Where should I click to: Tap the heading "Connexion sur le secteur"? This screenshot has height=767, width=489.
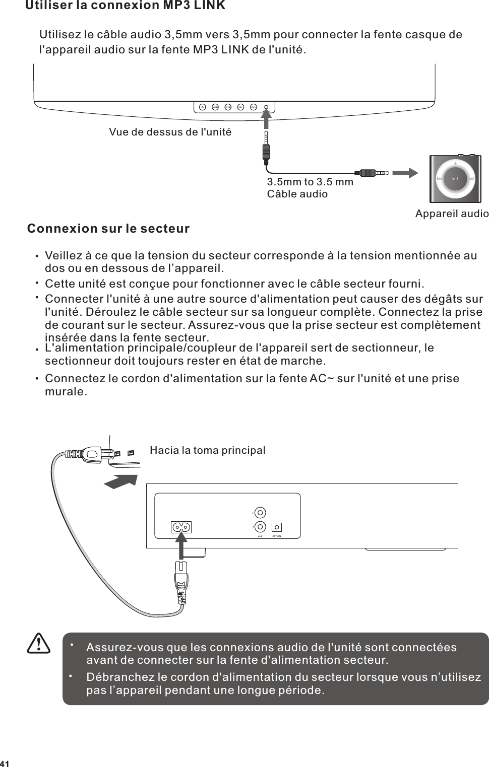click(108, 229)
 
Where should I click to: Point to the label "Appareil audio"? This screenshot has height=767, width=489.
click(452, 214)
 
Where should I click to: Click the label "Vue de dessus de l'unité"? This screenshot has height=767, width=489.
click(170, 132)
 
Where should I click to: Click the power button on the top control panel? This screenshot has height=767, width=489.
click(202, 106)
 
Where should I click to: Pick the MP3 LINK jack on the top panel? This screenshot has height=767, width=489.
click(266, 106)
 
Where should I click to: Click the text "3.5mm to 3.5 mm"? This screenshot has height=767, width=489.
click(310, 182)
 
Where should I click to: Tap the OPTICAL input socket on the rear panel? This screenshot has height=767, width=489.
click(276, 527)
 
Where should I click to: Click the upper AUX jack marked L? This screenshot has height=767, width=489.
click(260, 513)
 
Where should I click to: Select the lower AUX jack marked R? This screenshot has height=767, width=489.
click(260, 527)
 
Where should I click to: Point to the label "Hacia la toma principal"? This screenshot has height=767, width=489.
click(208, 450)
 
